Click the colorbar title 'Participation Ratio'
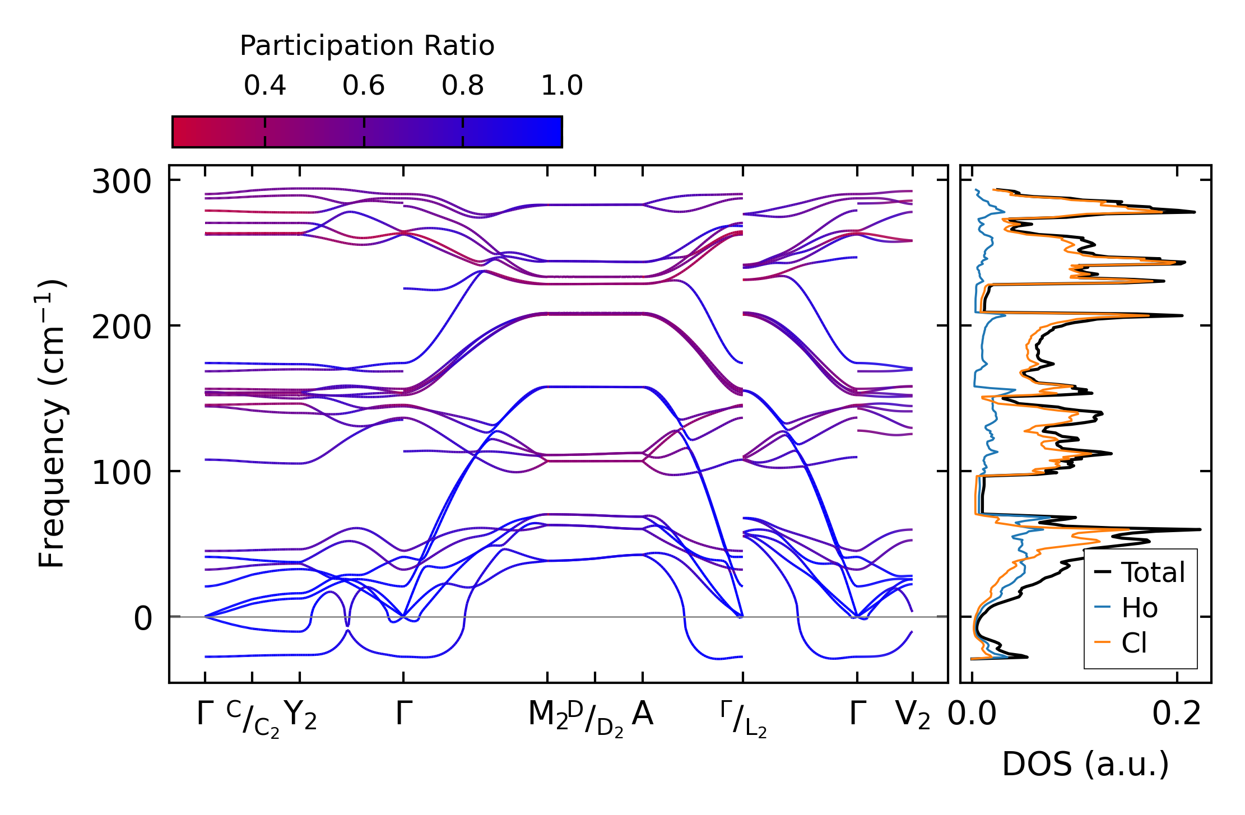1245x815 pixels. click(367, 46)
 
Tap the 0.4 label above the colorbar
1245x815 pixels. click(264, 86)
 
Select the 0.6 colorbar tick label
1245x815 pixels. click(364, 86)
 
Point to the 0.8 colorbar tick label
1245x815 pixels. click(462, 86)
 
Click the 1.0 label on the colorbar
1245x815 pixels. click(562, 86)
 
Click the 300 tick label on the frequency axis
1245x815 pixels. click(122, 182)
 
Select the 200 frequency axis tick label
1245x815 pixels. click(122, 327)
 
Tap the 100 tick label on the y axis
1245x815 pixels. click(122, 473)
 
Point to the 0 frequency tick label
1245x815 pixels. click(142, 618)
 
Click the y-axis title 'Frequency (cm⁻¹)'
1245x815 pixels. click(52, 423)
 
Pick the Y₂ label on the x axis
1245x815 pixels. click(300, 715)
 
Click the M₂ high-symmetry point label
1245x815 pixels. click(547, 715)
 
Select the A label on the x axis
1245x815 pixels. click(642, 714)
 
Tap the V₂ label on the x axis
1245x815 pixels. click(913, 715)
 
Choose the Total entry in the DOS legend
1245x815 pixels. click(1153, 572)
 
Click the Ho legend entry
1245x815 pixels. click(1139, 608)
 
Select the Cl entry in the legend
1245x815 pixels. click(1134, 642)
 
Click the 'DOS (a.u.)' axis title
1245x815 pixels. click(1085, 764)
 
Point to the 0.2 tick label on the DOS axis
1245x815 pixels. click(1177, 714)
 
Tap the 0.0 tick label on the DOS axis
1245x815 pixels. click(972, 714)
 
